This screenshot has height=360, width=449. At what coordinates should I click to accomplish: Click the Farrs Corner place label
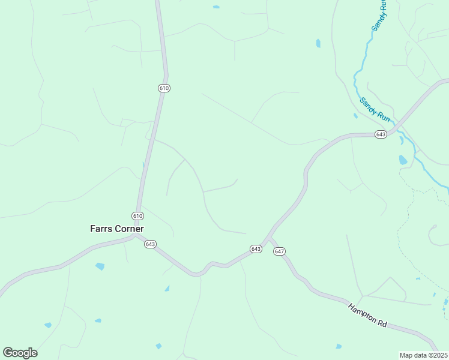click(x=117, y=229)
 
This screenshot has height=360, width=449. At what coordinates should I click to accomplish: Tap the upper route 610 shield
click(x=164, y=88)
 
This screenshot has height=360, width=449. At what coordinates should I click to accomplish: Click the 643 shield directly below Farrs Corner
click(x=150, y=244)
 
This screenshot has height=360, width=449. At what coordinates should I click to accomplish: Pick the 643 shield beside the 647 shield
click(x=256, y=249)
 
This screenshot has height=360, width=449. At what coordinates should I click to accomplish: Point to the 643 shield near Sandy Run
click(x=381, y=134)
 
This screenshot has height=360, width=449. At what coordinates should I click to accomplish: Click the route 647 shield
click(x=279, y=251)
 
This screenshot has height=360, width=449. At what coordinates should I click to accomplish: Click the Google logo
click(x=20, y=353)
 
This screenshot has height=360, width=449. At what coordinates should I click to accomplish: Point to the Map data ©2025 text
click(x=423, y=355)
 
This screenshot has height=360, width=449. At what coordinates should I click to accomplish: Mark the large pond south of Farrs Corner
click(x=100, y=266)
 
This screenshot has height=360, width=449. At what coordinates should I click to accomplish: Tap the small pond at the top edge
click(x=216, y=7)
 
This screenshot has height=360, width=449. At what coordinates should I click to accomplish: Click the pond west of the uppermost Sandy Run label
click(x=318, y=43)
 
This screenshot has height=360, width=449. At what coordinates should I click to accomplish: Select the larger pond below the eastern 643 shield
click(x=403, y=160)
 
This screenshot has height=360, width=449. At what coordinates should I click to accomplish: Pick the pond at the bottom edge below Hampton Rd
click(x=339, y=346)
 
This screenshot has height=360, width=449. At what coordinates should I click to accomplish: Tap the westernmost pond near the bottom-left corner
click(x=47, y=325)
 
